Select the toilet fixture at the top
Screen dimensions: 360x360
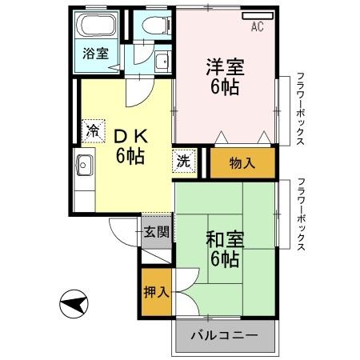pyautogui.click(x=153, y=26)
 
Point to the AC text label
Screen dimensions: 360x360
pyautogui.click(x=258, y=27)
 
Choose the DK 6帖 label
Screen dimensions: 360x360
pyautogui.click(x=128, y=144)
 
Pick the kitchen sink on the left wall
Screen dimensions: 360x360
pyautogui.click(x=85, y=167)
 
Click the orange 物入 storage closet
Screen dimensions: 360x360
pyautogui.click(x=242, y=163)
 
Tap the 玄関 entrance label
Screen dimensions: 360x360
pyautogui.click(x=157, y=233)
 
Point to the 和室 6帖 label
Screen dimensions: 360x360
pyautogui.click(x=224, y=248)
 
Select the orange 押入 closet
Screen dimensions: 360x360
pyautogui.click(x=157, y=290)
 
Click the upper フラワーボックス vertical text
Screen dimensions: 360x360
pyautogui.click(x=300, y=107)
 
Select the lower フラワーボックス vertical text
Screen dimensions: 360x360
pyautogui.click(x=300, y=214)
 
